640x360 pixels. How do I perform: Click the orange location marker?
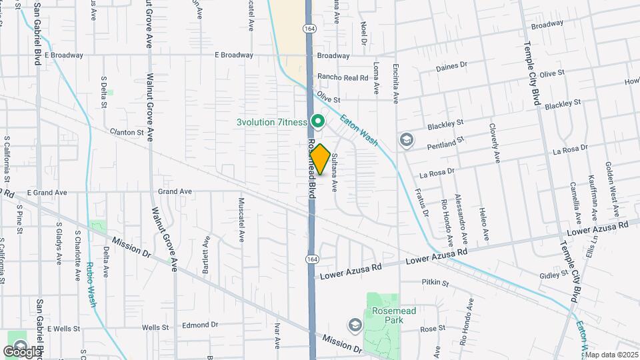(320, 160)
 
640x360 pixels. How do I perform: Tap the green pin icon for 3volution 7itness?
(319, 121)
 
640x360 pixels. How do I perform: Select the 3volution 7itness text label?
(271, 122)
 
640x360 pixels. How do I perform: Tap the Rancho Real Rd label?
(343, 77)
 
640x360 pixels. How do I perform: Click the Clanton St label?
(127, 133)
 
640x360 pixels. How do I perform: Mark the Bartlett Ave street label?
(206, 257)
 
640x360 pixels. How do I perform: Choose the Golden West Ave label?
(611, 181)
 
